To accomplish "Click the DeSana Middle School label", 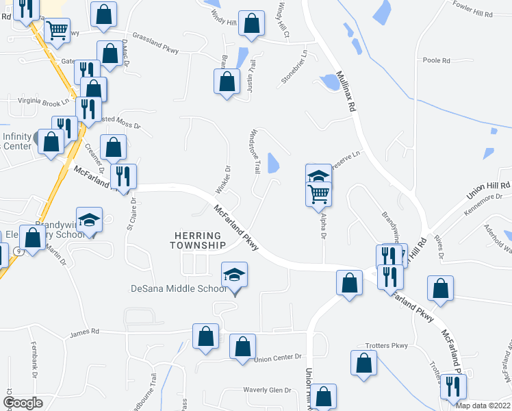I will coord(179,288).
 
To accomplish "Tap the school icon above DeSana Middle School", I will coord(234,276).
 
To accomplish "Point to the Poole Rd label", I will coord(436,60).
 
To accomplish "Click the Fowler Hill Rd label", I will coord(472,14).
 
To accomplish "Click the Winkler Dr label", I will coord(228,177).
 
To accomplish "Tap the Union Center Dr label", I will coord(278,358).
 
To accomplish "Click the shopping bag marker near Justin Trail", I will coord(227,82).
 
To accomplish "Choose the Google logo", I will coord(23,403).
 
